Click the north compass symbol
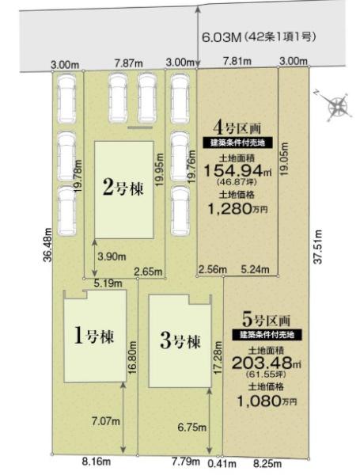(337, 106)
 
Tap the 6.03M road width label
(222, 38)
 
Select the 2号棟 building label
(123, 188)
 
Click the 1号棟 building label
(94, 336)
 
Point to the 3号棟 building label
(180, 341)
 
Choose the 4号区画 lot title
(237, 128)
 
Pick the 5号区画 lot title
(267, 319)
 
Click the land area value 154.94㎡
(237, 171)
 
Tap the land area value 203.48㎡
(267, 363)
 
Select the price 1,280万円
(237, 208)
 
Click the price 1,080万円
(267, 401)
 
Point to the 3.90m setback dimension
(112, 256)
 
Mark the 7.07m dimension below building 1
(106, 421)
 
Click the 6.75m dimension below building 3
(192, 427)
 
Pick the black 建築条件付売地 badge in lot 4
(237, 142)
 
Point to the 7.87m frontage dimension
(129, 64)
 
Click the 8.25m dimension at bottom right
(267, 463)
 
